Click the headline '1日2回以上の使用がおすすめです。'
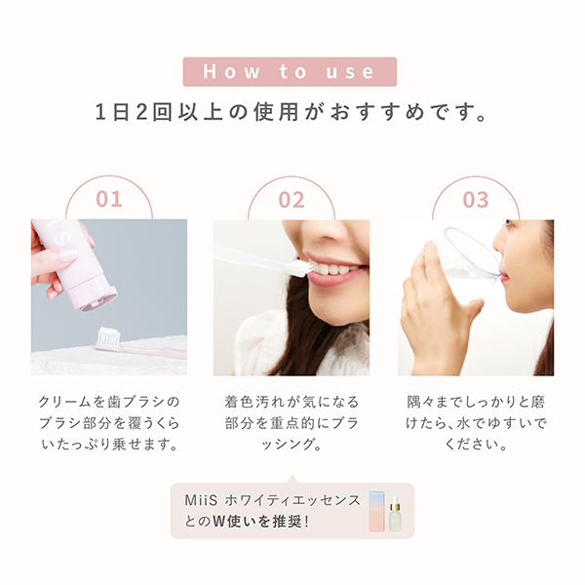pos(292,110)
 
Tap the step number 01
pos(109,200)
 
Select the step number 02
pos(292,200)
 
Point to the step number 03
pos(475,200)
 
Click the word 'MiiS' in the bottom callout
pos(199,500)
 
